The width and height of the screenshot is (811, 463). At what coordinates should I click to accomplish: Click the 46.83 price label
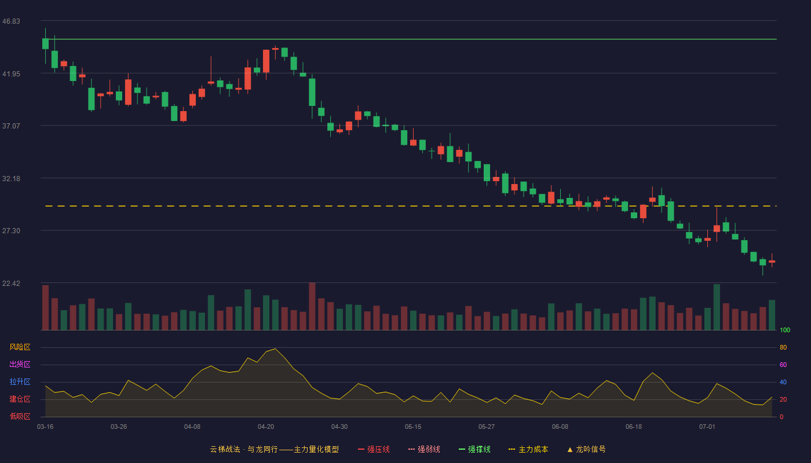[x=11, y=21]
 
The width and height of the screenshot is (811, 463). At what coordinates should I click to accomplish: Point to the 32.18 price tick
[x=11, y=179]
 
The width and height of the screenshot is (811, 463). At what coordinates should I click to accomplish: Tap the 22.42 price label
[x=11, y=283]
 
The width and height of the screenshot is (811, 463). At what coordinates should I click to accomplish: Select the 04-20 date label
[x=266, y=427]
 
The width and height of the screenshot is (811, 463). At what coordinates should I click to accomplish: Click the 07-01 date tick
[x=707, y=427]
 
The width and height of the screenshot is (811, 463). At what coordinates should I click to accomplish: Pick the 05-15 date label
[x=413, y=427]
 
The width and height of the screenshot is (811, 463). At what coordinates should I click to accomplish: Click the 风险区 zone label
[x=20, y=347]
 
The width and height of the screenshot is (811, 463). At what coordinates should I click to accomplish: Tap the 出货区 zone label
[x=20, y=364]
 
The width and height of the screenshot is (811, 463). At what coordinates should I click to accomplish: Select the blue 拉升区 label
[x=20, y=381]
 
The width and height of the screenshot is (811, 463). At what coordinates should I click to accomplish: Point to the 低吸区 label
[x=20, y=416]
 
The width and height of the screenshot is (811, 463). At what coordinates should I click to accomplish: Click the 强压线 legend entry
[x=374, y=449]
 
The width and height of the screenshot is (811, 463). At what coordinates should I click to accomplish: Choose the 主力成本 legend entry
[x=528, y=449]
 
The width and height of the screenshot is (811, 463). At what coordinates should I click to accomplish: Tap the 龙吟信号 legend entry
[x=586, y=449]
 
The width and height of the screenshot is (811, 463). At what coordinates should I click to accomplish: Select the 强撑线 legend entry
[x=474, y=449]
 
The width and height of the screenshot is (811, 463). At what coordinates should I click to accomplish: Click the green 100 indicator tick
[x=785, y=330]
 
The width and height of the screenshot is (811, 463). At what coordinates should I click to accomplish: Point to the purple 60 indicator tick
[x=783, y=365]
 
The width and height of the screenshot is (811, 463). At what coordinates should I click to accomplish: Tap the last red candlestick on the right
[x=772, y=261]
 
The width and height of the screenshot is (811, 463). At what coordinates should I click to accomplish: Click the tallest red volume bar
[x=312, y=306]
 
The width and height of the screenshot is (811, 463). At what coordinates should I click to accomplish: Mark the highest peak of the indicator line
[x=275, y=348]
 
